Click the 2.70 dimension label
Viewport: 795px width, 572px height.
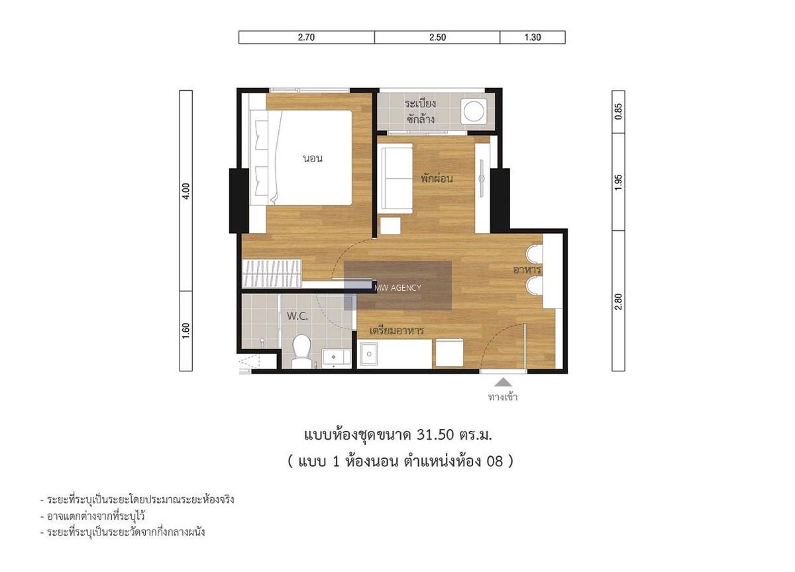click(x=306, y=37)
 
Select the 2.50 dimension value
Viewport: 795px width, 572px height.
click(x=437, y=37)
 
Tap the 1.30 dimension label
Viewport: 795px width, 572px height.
click(x=533, y=37)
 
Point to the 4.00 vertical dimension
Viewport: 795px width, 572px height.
click(x=186, y=191)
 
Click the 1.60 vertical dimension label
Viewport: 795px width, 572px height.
click(x=186, y=330)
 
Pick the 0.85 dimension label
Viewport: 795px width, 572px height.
click(x=618, y=111)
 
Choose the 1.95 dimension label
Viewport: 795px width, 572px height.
click(x=618, y=182)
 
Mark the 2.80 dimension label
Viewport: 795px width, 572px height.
click(x=618, y=301)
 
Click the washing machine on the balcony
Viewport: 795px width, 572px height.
click(x=474, y=111)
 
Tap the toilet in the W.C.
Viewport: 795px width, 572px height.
click(x=301, y=352)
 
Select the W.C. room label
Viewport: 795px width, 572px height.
click(x=297, y=316)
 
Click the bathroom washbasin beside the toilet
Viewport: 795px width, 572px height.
click(x=336, y=358)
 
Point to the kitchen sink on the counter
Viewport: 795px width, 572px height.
click(x=369, y=354)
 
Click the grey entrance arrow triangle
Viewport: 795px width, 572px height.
click(x=503, y=382)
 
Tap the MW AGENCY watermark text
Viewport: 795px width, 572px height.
click(x=397, y=287)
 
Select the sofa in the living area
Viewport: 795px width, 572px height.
click(x=396, y=178)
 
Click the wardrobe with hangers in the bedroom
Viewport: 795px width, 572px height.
click(x=272, y=273)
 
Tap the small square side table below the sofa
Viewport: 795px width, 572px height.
click(x=390, y=226)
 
